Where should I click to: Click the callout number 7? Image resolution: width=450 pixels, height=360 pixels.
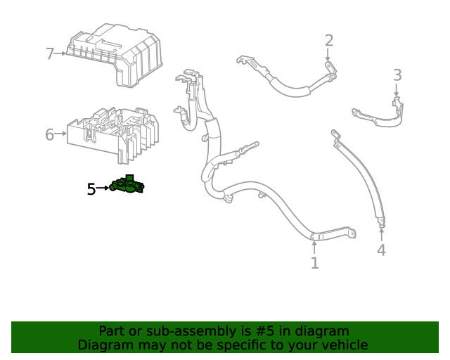tap(50, 53)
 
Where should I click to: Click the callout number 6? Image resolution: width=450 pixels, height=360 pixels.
tap(50, 134)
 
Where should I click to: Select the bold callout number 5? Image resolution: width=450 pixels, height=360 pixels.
tap(91, 188)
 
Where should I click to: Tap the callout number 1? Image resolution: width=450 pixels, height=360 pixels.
tap(314, 263)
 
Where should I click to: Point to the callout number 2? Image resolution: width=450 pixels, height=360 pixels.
tap(328, 40)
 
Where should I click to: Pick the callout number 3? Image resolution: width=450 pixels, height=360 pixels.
tap(397, 75)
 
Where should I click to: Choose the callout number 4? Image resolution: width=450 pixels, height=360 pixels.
tap(381, 250)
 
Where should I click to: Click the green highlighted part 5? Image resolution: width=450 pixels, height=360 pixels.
tap(127, 186)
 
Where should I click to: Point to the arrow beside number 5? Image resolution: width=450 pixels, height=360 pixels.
tap(103, 188)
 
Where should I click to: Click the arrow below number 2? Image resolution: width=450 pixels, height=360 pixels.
tap(328, 56)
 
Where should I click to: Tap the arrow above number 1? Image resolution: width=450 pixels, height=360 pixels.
tap(314, 247)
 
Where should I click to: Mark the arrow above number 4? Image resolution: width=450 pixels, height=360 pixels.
tap(381, 233)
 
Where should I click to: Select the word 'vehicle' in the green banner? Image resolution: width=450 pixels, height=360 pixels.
tap(342, 345)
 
